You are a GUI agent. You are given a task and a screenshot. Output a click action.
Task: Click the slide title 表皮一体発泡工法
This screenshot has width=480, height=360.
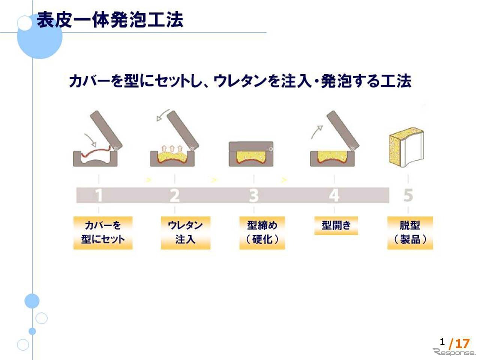coord(110,20)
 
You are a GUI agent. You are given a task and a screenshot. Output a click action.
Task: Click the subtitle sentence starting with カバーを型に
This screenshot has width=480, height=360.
coord(240,81)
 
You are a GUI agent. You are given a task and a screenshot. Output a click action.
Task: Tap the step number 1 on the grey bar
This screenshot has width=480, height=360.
coord(99,195)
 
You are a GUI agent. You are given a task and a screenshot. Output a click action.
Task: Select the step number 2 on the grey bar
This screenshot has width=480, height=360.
coord(174,195)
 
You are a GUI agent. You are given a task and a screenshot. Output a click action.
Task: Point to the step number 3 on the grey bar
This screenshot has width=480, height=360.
coord(254,195)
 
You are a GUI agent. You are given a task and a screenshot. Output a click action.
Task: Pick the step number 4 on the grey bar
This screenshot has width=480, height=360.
coord(334,195)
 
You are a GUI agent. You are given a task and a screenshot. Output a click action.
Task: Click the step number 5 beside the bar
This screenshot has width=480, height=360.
coord(408,195)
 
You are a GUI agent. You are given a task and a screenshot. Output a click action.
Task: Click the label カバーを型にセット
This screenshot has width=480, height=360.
coord(103,232)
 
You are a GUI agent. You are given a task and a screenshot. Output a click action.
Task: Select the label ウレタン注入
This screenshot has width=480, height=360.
coord(185,232)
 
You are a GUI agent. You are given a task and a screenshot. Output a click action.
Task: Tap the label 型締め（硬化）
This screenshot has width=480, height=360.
coord(262,232)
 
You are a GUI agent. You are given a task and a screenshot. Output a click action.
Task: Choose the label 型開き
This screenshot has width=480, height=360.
coord(336,225)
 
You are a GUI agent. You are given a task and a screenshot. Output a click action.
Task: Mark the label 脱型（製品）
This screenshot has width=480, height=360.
coord(410,232)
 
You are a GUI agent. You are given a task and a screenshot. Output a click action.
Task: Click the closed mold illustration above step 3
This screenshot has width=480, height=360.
coord(251,154)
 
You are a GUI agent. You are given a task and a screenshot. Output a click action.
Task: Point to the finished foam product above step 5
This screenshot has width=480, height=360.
coord(406,148)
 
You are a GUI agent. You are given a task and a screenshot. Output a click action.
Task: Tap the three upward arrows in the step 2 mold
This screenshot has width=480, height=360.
coord(172,148)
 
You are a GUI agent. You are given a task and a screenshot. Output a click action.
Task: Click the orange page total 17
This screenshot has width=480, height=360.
coord(462,343)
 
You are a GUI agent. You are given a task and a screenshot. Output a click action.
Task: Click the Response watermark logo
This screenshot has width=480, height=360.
coord(454,352)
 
